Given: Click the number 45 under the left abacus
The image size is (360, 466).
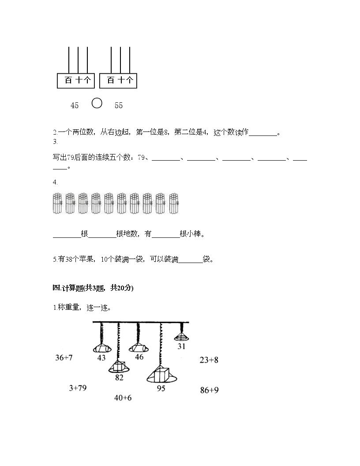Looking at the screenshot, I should (x=75, y=105).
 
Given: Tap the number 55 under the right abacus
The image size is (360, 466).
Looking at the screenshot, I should (x=119, y=105).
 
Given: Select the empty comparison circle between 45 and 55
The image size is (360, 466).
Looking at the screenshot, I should (x=97, y=103).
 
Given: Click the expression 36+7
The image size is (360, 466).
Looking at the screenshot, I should (x=64, y=357).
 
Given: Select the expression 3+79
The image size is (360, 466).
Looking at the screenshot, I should (x=78, y=388).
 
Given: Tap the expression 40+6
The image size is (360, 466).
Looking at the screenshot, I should (x=123, y=398).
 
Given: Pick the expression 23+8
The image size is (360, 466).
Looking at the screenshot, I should (x=209, y=360).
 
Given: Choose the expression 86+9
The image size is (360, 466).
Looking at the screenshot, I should (x=210, y=390).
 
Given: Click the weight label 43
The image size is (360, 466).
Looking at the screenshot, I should (x=101, y=357).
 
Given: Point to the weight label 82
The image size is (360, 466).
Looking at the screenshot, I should (x=119, y=377).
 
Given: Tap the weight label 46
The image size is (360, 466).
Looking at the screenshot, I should (x=139, y=357).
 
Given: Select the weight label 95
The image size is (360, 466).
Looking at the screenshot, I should (x=161, y=388).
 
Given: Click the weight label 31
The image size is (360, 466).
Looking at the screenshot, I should (x=181, y=346).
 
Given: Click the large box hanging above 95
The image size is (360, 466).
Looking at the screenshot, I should (x=161, y=375).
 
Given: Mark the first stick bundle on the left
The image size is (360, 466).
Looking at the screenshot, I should (x=57, y=203).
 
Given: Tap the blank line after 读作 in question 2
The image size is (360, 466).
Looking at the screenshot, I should (x=263, y=133).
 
